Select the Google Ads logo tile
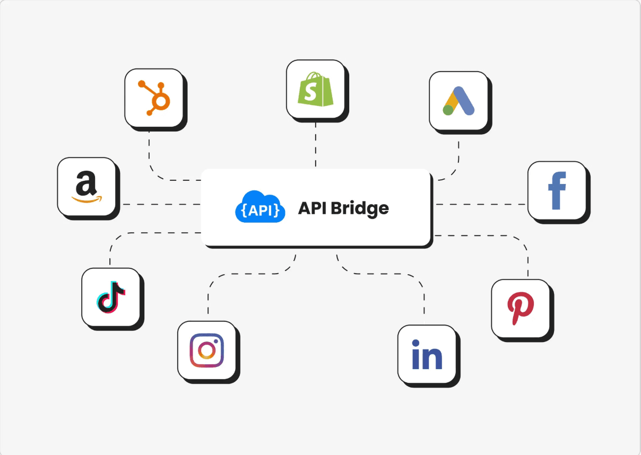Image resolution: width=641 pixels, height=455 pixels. (x=458, y=100)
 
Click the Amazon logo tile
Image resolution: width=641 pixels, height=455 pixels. (x=86, y=187)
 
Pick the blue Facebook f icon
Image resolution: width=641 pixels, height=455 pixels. (x=557, y=190)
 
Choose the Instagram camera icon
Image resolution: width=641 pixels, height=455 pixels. (x=206, y=350)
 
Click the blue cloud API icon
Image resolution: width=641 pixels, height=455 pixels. (x=259, y=207)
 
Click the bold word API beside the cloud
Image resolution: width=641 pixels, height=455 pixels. (x=312, y=208)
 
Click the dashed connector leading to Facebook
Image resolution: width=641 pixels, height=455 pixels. (x=480, y=204)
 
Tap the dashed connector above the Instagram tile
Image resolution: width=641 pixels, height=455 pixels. (x=228, y=275)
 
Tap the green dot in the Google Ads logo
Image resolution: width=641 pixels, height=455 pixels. (x=448, y=110)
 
